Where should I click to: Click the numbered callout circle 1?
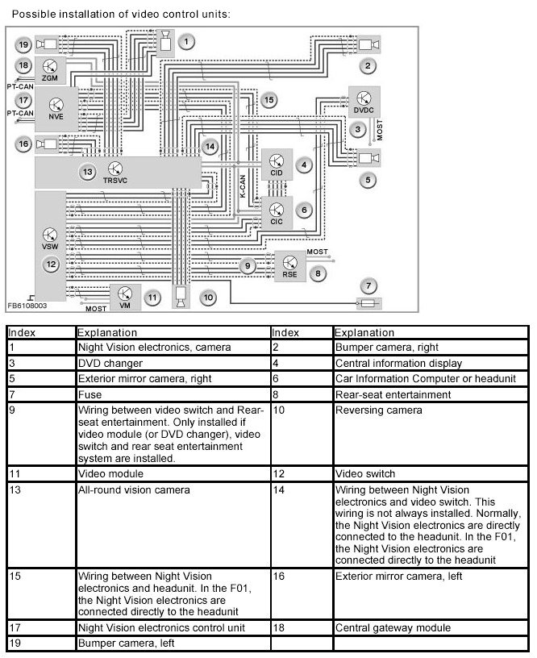point(186,41)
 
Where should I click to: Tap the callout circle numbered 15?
point(268,100)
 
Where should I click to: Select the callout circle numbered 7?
point(368,285)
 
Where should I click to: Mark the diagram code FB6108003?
point(27,306)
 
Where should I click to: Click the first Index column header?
point(22,332)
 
